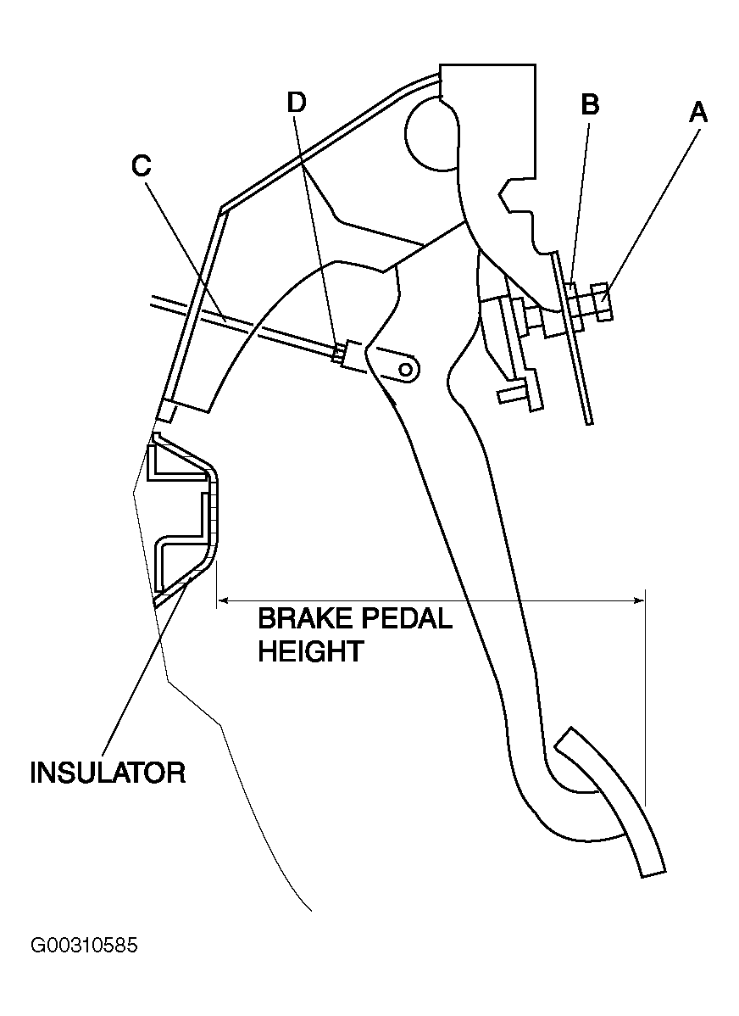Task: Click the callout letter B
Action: coord(590,104)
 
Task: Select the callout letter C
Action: coord(142,166)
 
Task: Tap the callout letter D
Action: coord(296,103)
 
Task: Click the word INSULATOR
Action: coord(108,773)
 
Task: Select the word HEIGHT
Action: coord(311,650)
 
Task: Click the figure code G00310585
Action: coord(84,946)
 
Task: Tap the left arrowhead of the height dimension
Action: coord(224,600)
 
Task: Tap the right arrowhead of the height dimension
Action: coord(638,600)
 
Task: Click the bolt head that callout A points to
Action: coord(602,302)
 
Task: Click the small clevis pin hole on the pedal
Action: coord(407,369)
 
